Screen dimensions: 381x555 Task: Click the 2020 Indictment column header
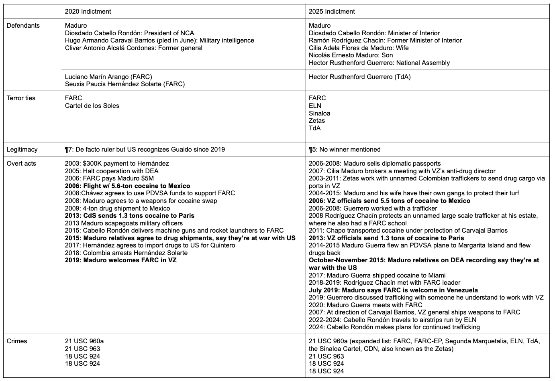pyautogui.click(x=88, y=12)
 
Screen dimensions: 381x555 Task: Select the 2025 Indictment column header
pyautogui.click(x=332, y=12)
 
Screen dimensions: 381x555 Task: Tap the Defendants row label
pyautogui.click(x=23, y=26)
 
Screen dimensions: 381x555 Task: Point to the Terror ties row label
pyautogui.click(x=21, y=98)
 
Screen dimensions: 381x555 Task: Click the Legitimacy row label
pyautogui.click(x=22, y=150)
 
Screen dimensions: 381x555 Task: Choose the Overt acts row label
pyautogui.click(x=22, y=164)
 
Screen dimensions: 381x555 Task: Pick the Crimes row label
pyautogui.click(x=17, y=341)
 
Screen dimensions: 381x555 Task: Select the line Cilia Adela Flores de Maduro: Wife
pyautogui.click(x=359, y=48)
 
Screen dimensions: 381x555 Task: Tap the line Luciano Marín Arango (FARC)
pyautogui.click(x=108, y=77)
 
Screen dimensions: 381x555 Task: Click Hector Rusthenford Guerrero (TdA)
pyautogui.click(x=359, y=77)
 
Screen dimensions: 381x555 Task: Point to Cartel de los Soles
pyautogui.click(x=92, y=106)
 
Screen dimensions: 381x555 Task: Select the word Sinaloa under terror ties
pyautogui.click(x=319, y=113)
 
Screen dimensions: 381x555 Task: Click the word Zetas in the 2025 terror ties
pyautogui.click(x=317, y=121)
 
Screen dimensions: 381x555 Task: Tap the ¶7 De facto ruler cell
pyautogui.click(x=145, y=150)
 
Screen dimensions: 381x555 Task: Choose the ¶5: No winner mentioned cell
pyautogui.click(x=345, y=150)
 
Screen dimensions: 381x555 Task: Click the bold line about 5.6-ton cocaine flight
pyautogui.click(x=127, y=186)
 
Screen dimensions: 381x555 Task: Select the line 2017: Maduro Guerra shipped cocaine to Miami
pyautogui.click(x=377, y=276)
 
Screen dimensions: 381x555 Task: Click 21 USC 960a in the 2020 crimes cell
pyautogui.click(x=84, y=341)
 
